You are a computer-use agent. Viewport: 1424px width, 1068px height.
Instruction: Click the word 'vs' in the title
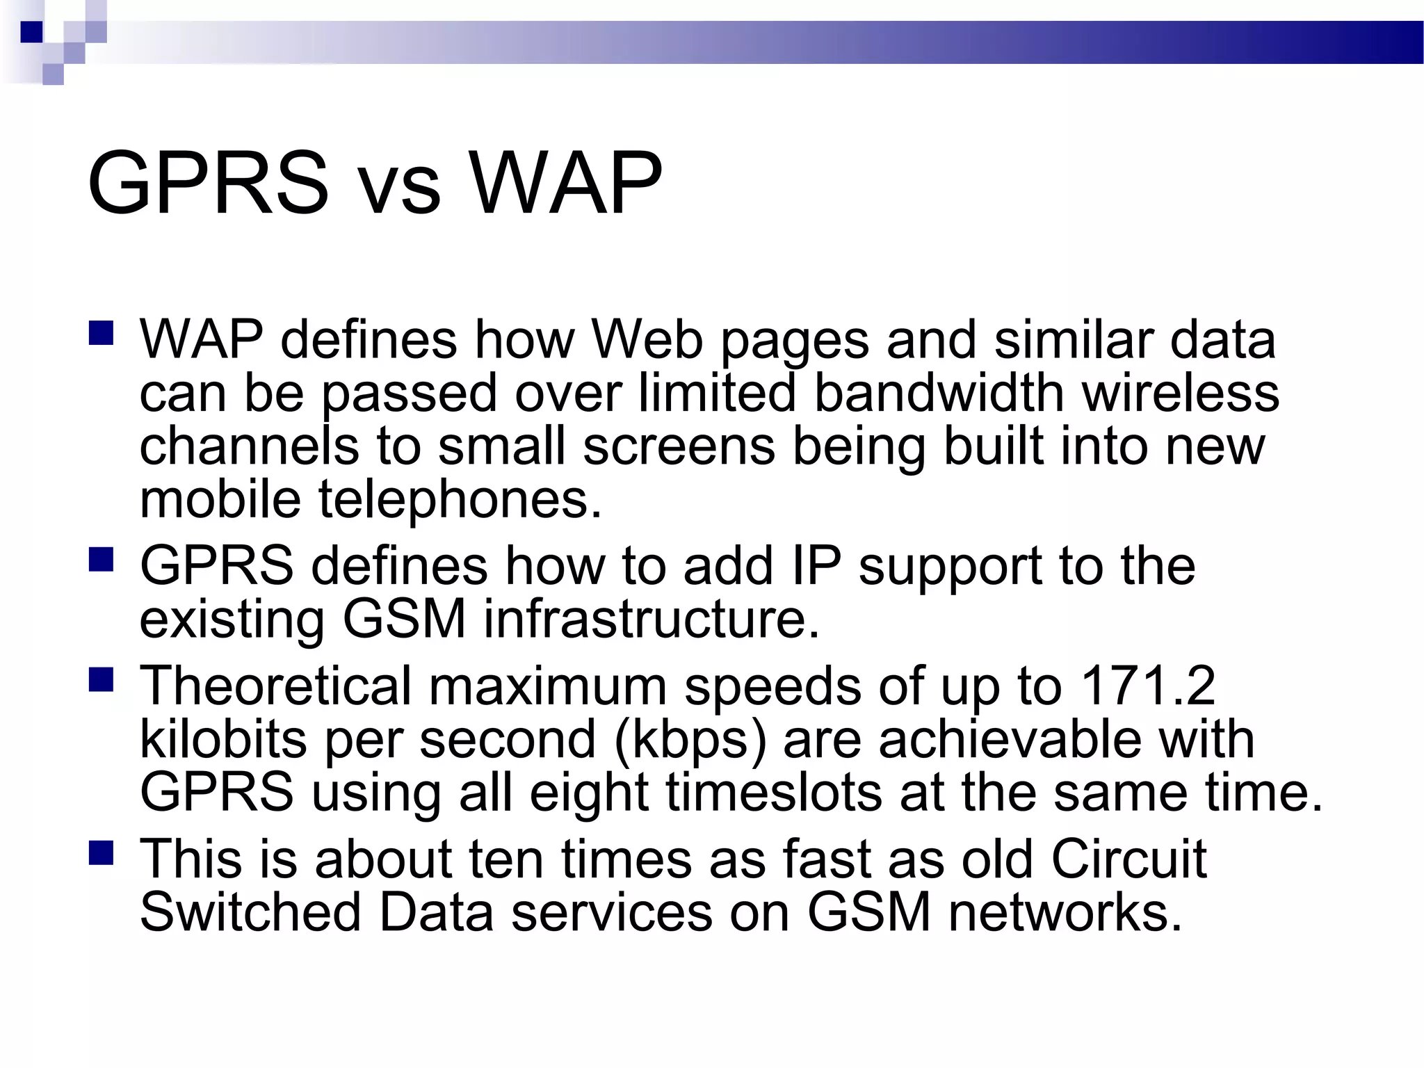click(401, 187)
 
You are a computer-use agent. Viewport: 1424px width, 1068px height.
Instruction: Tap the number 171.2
click(1147, 686)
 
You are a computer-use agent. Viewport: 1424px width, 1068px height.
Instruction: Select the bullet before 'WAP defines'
click(102, 333)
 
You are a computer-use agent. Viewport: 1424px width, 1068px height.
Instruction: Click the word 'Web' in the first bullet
click(647, 340)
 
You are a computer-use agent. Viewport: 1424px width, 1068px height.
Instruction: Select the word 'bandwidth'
click(938, 393)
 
